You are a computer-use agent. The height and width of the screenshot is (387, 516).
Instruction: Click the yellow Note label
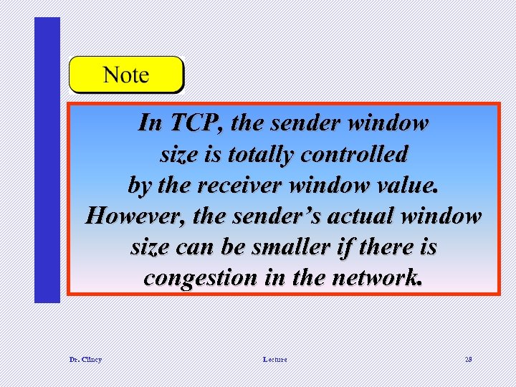click(x=126, y=75)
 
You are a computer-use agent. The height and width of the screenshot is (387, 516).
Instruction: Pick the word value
click(x=407, y=185)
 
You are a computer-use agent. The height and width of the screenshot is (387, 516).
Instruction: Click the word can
click(x=191, y=247)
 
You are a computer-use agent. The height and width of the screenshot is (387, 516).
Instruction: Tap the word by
click(x=138, y=185)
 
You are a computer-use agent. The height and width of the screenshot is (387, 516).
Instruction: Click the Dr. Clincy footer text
click(x=86, y=359)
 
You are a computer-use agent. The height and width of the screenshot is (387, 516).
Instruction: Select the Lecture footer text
click(x=274, y=359)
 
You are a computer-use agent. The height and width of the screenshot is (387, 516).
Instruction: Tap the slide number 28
click(x=467, y=359)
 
